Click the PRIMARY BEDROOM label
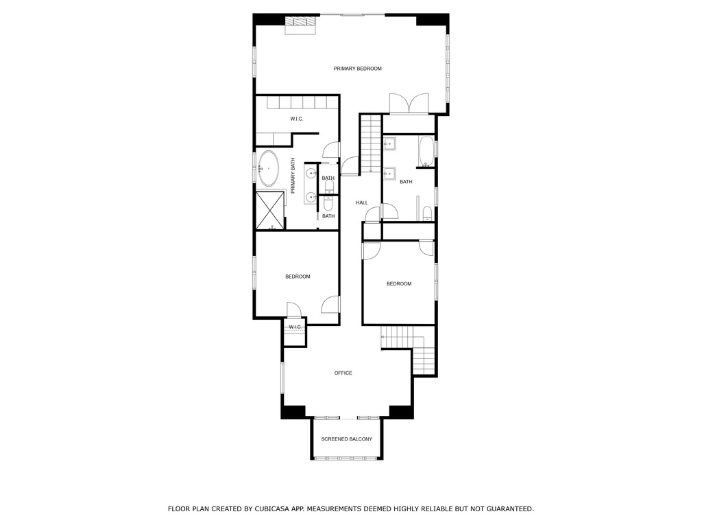click(357, 69)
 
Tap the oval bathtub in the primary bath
click(267, 168)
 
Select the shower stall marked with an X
click(270, 211)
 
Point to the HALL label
click(362, 202)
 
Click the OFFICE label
click(343, 373)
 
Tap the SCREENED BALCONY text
click(346, 439)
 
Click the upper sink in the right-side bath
click(389, 143)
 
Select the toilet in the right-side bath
click(426, 213)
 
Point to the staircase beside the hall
click(370, 144)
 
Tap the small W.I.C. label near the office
click(295, 327)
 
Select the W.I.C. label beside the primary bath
click(296, 119)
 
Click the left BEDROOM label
click(298, 277)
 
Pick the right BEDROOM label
click(398, 284)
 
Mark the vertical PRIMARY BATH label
click(293, 176)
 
